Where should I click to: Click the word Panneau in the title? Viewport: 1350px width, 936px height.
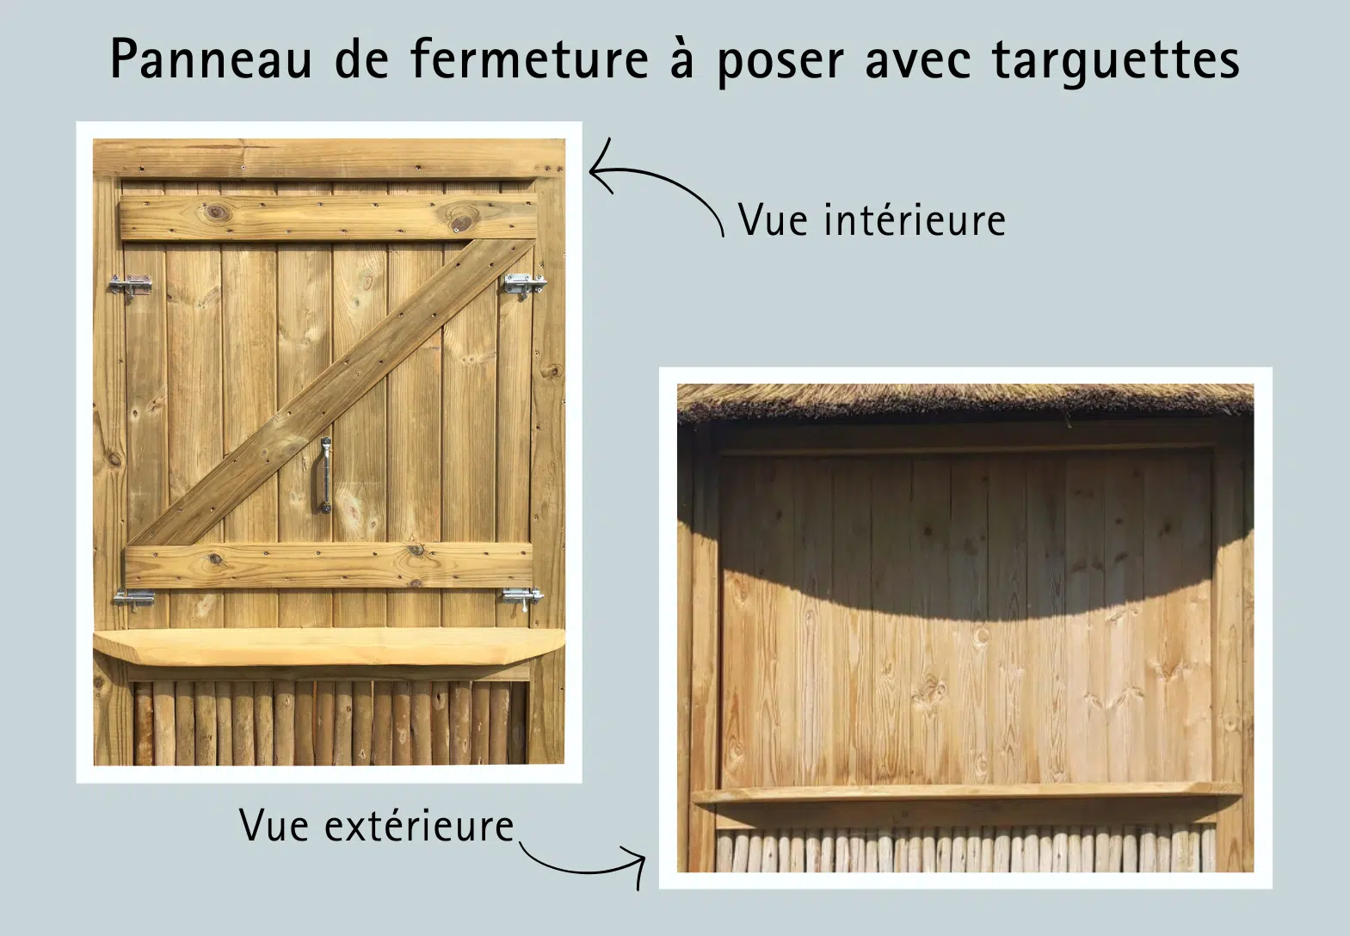coord(212,59)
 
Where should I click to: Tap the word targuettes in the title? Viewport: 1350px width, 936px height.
coord(1116,61)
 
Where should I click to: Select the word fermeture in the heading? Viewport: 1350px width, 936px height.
coord(530,58)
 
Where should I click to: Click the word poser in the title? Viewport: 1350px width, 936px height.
coord(781,64)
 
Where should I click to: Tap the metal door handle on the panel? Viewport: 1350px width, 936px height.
coord(325,476)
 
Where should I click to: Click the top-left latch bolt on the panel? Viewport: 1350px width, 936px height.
coord(130,286)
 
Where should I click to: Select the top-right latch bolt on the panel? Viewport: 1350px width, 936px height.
coord(525,285)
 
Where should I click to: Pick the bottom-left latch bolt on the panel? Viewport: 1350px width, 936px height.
coord(133,599)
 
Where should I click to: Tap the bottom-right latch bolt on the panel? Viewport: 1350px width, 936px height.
coord(523,597)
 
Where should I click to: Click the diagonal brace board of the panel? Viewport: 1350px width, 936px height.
coord(330,392)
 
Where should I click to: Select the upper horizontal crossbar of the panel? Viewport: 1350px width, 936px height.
coord(329,217)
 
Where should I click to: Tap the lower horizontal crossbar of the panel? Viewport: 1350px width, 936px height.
coord(329,564)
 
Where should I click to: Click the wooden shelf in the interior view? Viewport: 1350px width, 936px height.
coord(329,646)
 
